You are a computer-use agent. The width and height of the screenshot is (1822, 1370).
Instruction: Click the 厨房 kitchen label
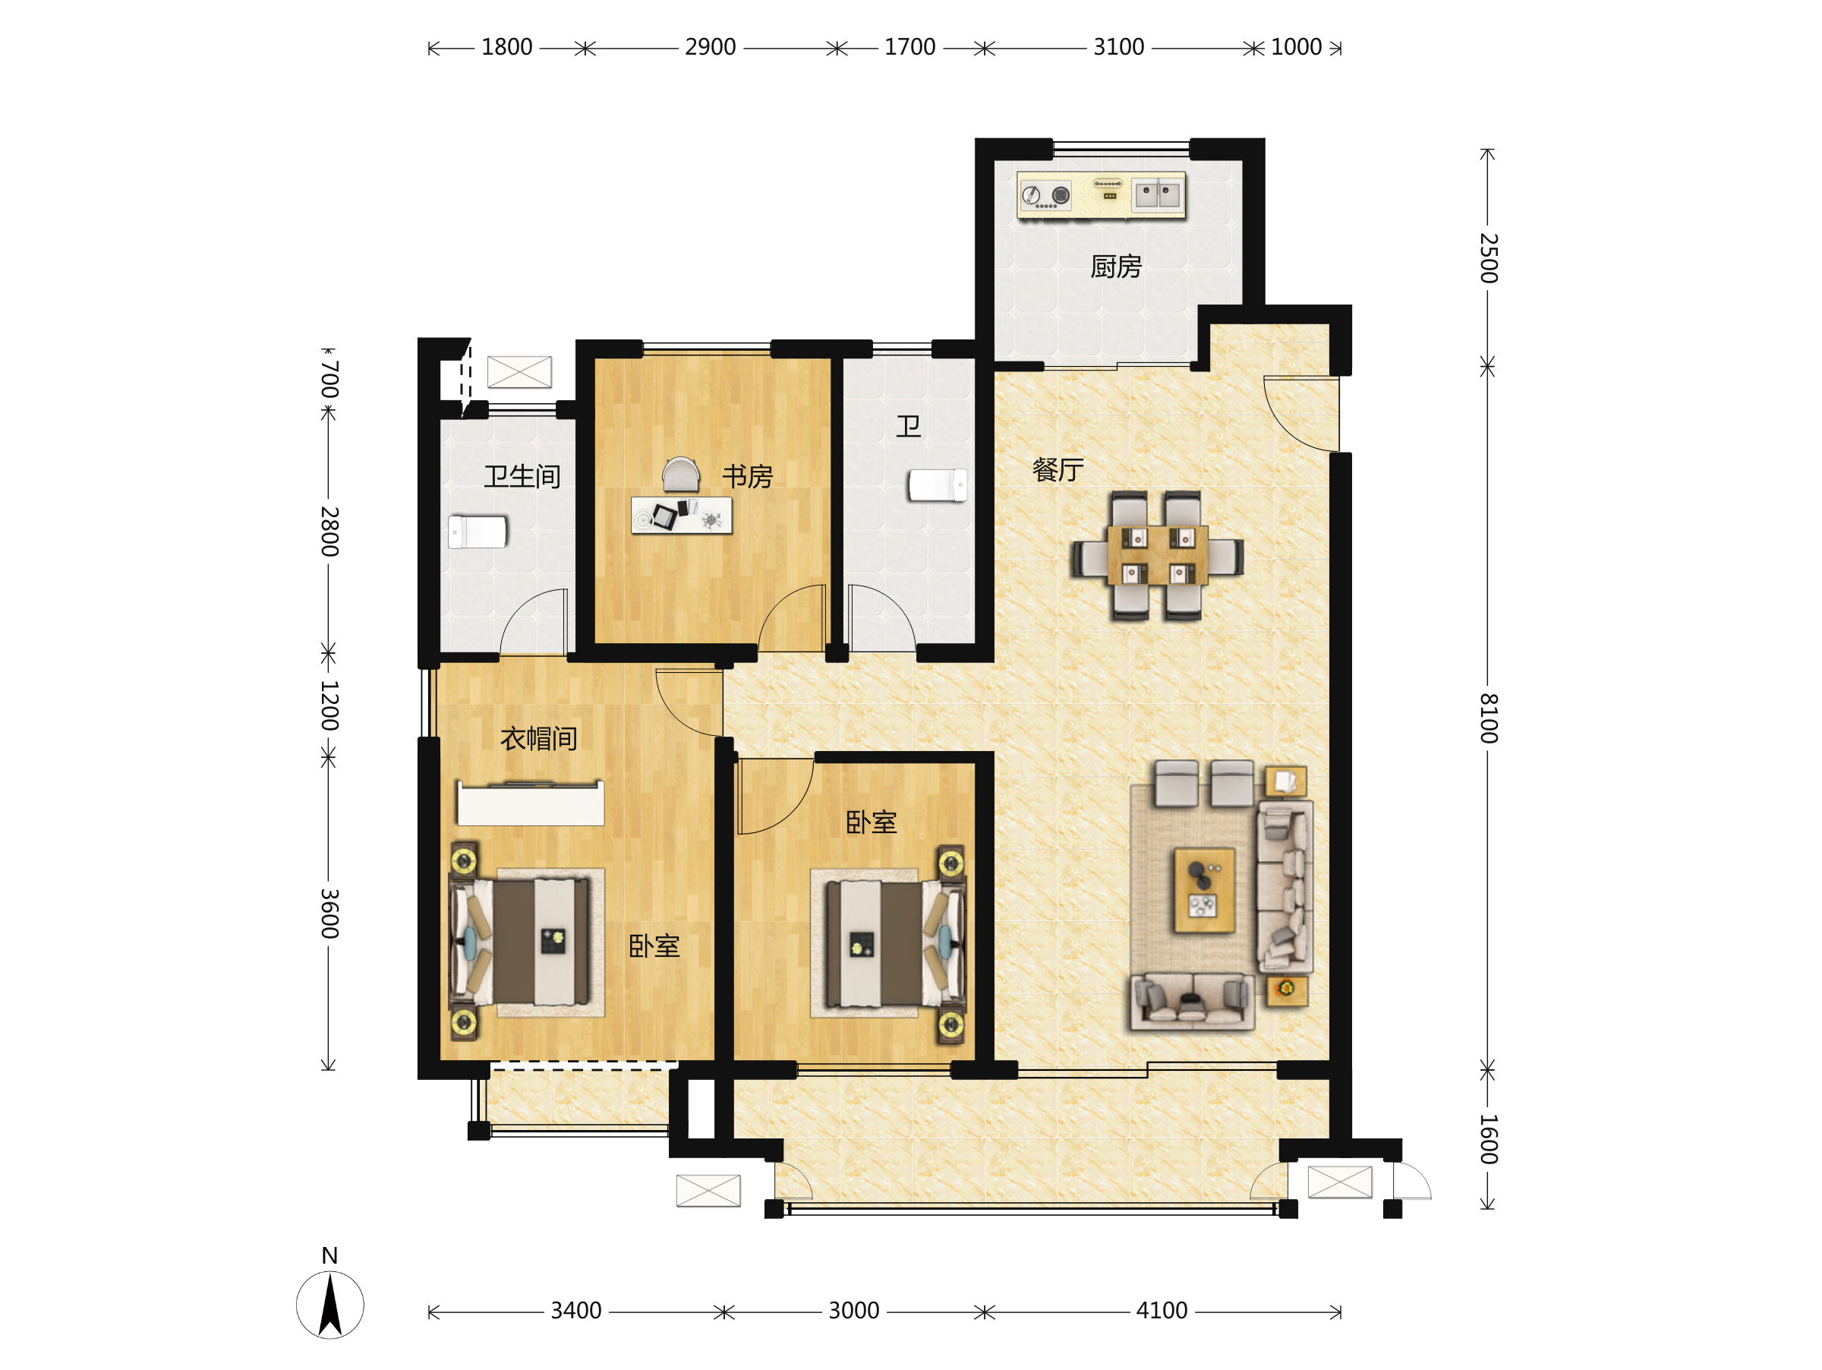(x=1115, y=267)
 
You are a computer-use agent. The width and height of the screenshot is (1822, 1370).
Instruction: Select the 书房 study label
(x=747, y=476)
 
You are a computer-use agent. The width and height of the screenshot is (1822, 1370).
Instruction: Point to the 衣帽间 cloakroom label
(x=539, y=738)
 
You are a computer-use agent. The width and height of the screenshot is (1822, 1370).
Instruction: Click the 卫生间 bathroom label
(x=522, y=476)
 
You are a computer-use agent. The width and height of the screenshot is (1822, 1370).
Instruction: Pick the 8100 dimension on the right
(x=1487, y=718)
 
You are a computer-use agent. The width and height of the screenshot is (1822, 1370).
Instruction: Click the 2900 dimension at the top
(x=710, y=47)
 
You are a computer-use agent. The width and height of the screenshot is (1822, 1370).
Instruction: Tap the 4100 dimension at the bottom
(x=1162, y=1311)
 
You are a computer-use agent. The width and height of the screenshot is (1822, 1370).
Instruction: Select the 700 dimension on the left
(x=329, y=379)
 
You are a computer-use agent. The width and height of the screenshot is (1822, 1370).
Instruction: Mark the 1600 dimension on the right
(x=1487, y=1139)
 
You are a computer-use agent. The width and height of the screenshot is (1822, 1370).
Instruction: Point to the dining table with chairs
(x=1157, y=555)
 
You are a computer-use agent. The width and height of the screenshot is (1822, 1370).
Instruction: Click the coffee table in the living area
(x=1203, y=891)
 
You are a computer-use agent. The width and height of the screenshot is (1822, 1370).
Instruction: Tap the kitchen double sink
(x=1157, y=195)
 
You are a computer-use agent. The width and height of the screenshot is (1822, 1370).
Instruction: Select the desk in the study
(x=681, y=516)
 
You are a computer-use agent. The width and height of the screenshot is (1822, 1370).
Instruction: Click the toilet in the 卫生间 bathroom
(x=478, y=532)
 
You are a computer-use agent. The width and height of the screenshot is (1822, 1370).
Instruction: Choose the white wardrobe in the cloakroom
(x=531, y=803)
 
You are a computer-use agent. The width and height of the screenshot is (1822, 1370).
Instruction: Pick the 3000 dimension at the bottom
(x=853, y=1311)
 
